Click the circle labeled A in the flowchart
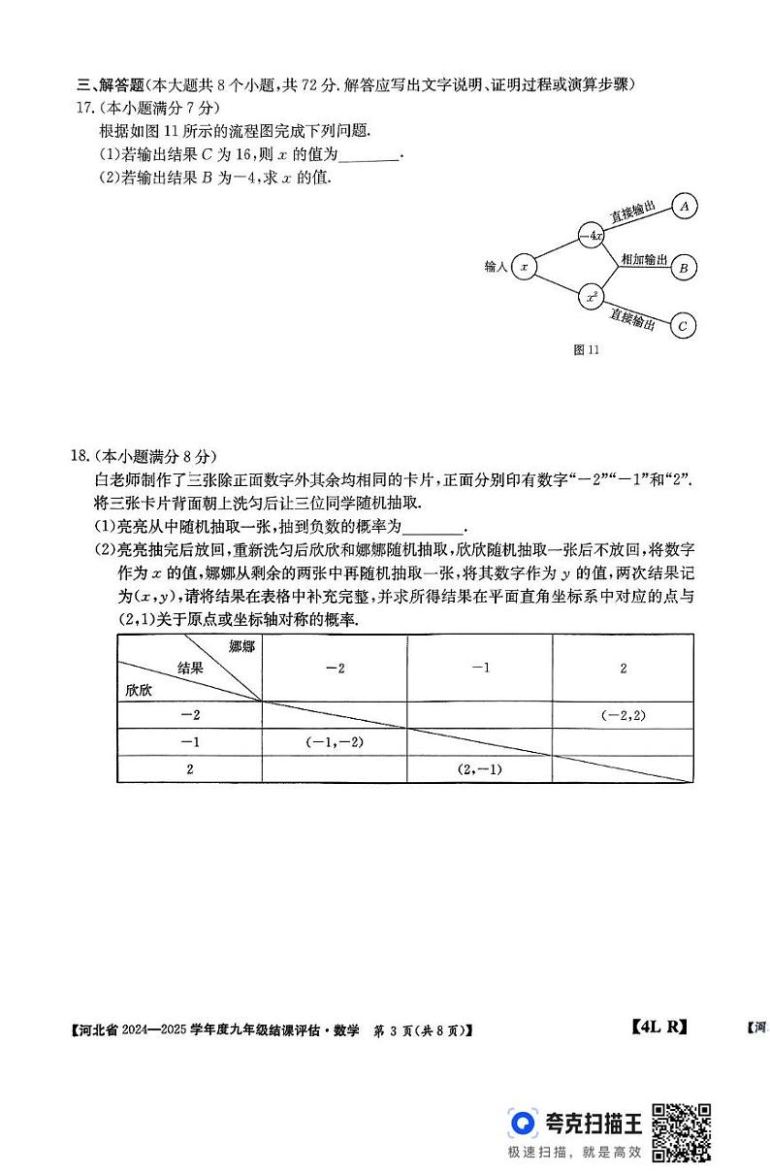686,207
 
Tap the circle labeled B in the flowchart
683,267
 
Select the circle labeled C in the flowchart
683,326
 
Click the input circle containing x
524,265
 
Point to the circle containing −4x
592,235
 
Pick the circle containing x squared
592,297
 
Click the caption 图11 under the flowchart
588,351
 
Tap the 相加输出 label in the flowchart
644,259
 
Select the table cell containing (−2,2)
623,715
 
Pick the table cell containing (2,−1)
479,768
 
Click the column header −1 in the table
481,669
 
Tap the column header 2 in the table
624,669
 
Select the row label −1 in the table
190,741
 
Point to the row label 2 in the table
190,768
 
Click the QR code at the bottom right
681,1131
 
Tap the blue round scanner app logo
524,1122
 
